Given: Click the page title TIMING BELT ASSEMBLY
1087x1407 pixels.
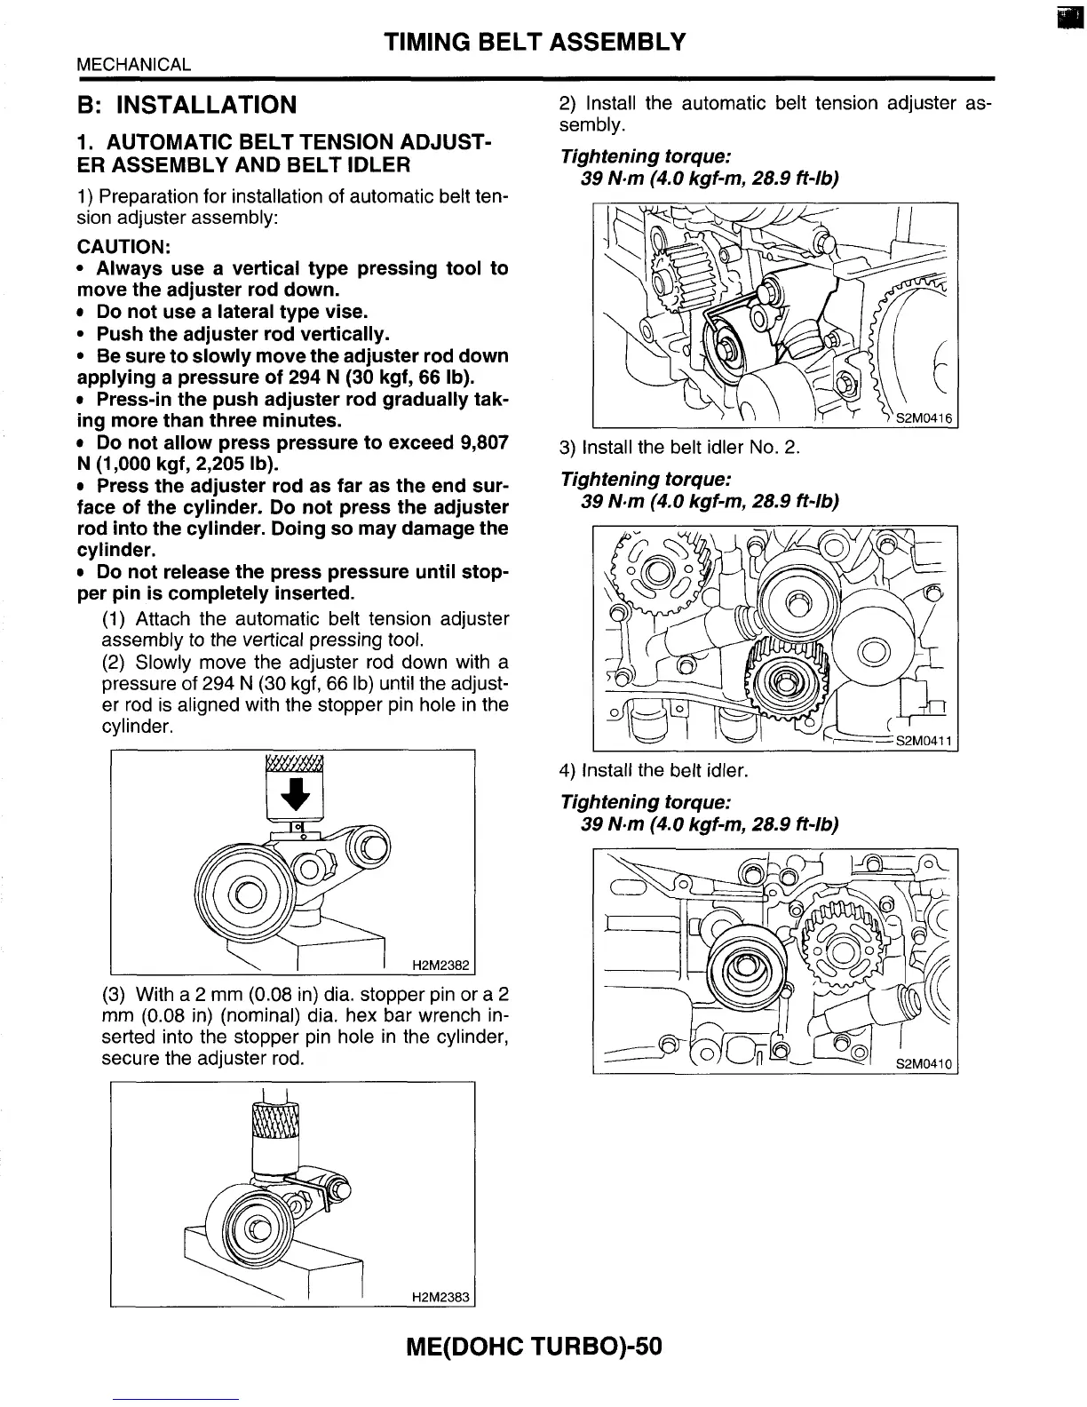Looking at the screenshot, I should click(536, 42).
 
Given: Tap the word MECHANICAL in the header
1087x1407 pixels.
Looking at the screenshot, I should click(133, 64).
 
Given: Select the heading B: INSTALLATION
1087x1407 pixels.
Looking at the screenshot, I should click(186, 106).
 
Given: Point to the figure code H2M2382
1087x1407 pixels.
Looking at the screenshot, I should click(440, 966).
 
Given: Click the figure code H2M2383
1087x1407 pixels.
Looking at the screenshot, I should click(440, 1297).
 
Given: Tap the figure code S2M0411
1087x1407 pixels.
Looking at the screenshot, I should click(924, 741).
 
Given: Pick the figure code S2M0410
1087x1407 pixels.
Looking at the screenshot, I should click(924, 1064).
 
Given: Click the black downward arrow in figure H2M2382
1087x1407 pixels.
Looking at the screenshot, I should click(295, 796).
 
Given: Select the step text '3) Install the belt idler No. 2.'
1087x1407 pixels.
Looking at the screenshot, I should click(679, 447).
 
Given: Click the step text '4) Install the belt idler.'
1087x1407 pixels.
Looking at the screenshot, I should click(654, 770).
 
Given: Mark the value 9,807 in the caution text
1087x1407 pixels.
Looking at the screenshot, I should click(479, 442).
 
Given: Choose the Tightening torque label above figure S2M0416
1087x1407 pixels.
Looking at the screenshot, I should click(646, 156).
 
